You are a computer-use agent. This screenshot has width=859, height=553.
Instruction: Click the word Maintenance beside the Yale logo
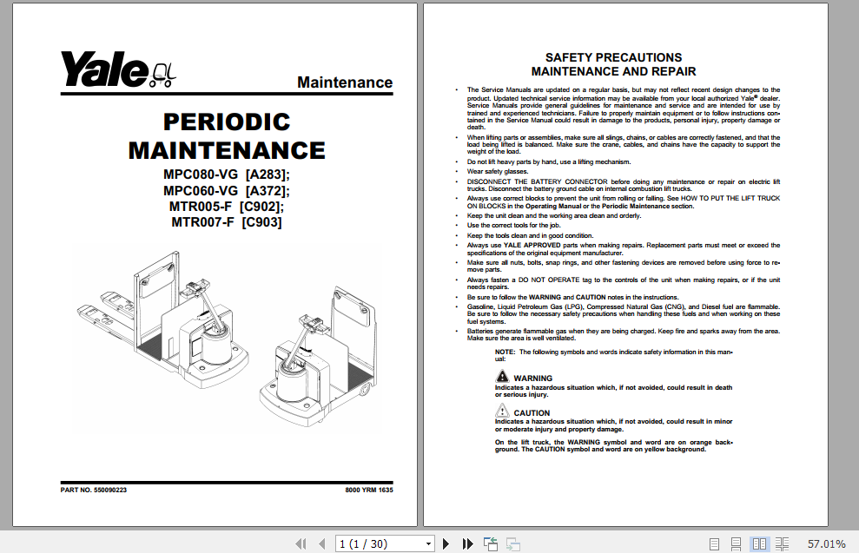[x=345, y=82]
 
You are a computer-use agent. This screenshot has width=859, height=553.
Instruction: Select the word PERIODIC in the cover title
[x=227, y=122]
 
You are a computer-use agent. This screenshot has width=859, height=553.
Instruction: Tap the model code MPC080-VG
[x=201, y=174]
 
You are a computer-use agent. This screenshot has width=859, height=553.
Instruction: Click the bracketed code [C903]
[x=261, y=222]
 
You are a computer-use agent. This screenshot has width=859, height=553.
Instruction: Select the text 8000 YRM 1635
[x=369, y=490]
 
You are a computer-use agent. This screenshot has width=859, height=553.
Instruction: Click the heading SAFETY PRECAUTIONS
[x=613, y=57]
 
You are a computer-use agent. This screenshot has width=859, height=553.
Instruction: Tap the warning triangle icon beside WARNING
[x=503, y=377]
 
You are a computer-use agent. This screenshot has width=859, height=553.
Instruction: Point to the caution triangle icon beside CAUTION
[x=503, y=411]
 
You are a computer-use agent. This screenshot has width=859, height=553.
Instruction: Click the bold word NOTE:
[x=505, y=352]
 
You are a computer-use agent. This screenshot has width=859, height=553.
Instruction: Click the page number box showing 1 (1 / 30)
[x=385, y=543]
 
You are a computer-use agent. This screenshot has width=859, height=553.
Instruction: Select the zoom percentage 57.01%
[x=826, y=543]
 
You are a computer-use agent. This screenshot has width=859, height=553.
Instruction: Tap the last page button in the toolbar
[x=468, y=543]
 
